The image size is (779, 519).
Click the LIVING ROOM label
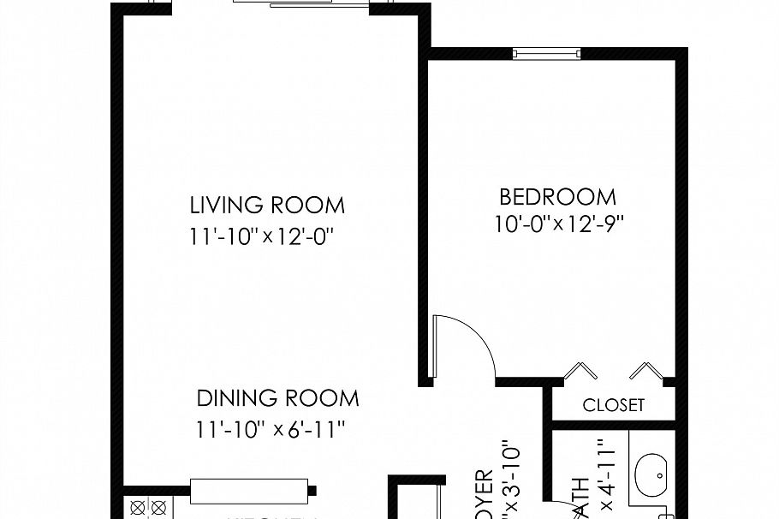tap(267, 206)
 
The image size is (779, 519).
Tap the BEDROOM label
tap(557, 197)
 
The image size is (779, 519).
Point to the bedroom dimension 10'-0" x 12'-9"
tap(558, 224)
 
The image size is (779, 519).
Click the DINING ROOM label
tap(278, 399)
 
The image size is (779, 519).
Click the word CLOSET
tap(613, 405)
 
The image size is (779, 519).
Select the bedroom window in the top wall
tap(547, 54)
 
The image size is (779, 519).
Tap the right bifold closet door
tap(646, 370)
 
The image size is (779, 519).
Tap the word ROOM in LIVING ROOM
tap(311, 206)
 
